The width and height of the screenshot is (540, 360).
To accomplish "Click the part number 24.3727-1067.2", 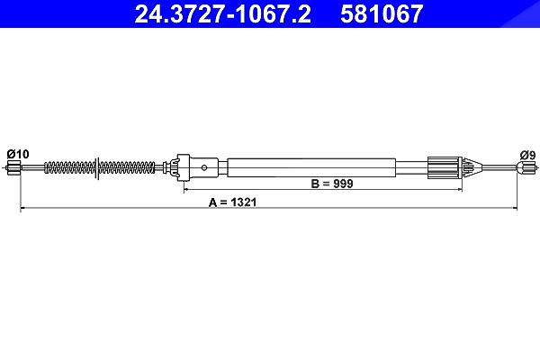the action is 222,13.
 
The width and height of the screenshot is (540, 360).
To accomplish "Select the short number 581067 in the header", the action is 382,13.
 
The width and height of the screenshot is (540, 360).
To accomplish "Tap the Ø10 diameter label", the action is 18,154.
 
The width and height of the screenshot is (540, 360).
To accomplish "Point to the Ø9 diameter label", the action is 528,155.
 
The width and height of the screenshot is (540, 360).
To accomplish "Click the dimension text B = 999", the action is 332,184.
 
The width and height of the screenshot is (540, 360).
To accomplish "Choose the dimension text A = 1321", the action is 233,202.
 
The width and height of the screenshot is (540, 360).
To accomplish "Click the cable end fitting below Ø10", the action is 13,168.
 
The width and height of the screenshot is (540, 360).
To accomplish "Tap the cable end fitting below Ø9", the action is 526,168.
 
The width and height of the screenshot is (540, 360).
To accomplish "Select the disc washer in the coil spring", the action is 97,168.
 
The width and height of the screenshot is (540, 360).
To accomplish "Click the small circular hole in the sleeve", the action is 204,167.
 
